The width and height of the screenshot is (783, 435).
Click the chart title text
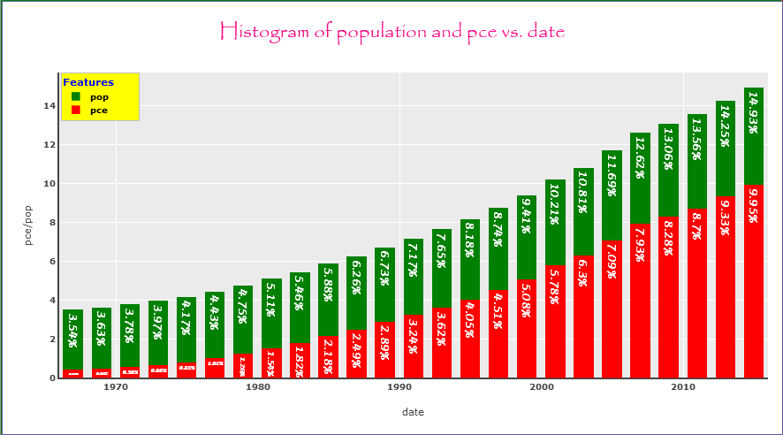pos(391,33)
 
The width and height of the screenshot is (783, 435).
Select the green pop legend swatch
pos(76,96)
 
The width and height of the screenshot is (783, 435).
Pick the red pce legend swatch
pos(76,111)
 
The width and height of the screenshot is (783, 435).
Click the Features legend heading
pos(88,82)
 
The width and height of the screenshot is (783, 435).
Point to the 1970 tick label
pos(117,387)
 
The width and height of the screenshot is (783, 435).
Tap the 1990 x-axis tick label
pos(399,387)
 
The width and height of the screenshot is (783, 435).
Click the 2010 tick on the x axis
pos(682,387)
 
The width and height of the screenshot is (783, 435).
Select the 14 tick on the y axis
pos(49,105)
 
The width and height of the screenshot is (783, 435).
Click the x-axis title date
pos(413,412)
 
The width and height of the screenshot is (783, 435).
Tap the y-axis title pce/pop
pos(29,225)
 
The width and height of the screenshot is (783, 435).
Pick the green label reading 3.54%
pos(74,329)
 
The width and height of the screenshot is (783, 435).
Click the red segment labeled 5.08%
pos(528,327)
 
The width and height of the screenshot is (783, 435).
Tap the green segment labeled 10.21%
pos(556,221)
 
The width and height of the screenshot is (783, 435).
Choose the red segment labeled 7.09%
pos(612,309)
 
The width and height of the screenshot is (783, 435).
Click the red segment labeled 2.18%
pos(329,356)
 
